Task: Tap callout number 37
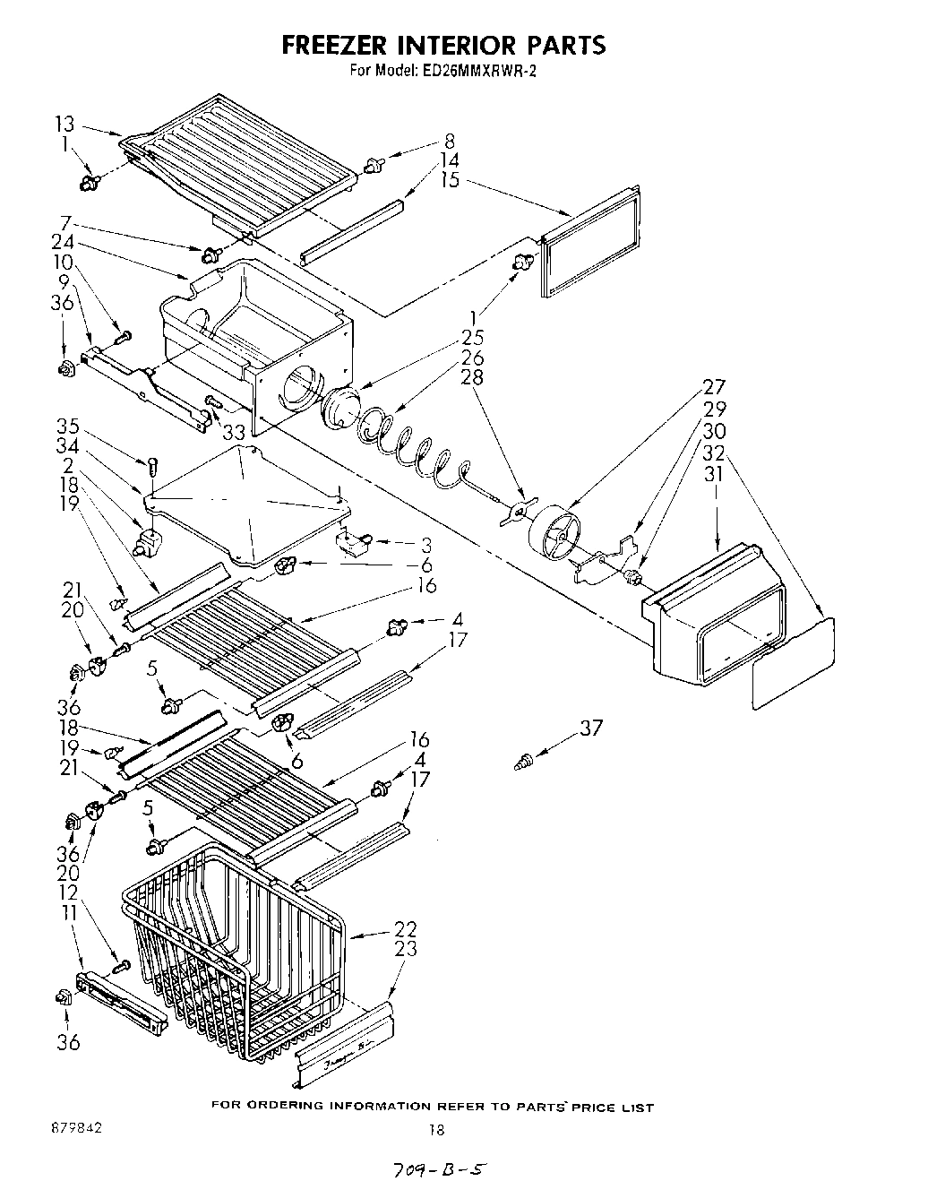pyautogui.click(x=590, y=728)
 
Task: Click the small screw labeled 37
pyautogui.click(x=522, y=762)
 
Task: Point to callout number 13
pyautogui.click(x=65, y=125)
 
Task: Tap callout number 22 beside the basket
pyautogui.click(x=405, y=928)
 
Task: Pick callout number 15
pyautogui.click(x=450, y=180)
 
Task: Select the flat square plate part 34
pyautogui.click(x=246, y=506)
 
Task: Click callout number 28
pyautogui.click(x=472, y=377)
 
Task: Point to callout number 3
pyautogui.click(x=426, y=543)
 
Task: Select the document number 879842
pyautogui.click(x=76, y=1128)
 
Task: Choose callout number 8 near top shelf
pyautogui.click(x=449, y=141)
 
